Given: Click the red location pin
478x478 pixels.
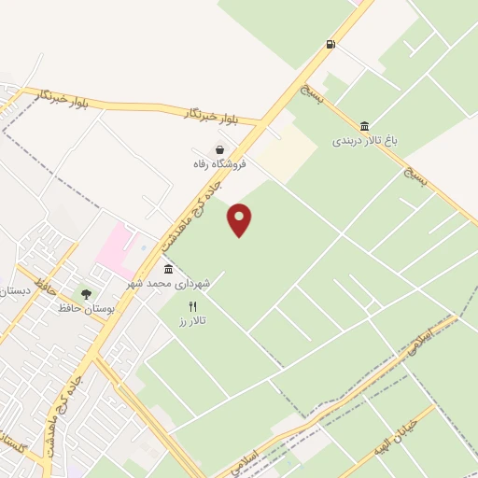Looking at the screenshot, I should pyautogui.click(x=240, y=219).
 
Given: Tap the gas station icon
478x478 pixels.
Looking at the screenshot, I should pyautogui.click(x=330, y=45).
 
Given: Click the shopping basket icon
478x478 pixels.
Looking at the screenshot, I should pyautogui.click(x=218, y=149).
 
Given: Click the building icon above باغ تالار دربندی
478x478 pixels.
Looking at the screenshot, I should pyautogui.click(x=363, y=126).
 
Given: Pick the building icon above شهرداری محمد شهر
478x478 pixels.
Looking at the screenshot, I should pyautogui.click(x=168, y=269).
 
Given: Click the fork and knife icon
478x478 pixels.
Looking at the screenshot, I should pyautogui.click(x=193, y=306).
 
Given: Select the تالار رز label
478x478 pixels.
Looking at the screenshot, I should pyautogui.click(x=193, y=320).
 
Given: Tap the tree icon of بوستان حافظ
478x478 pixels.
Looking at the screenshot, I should pyautogui.click(x=86, y=293).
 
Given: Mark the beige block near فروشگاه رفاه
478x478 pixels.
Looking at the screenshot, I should pyautogui.click(x=288, y=151).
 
